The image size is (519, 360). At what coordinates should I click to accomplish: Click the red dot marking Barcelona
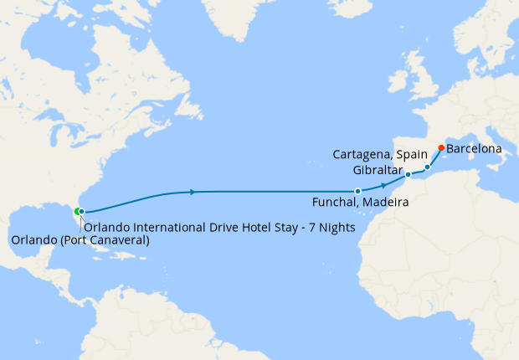coord(441,148)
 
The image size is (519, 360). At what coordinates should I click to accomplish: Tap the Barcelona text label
coord(475,149)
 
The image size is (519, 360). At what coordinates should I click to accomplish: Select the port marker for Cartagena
coord(427,167)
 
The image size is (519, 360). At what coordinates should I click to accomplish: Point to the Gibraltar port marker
coord(408,175)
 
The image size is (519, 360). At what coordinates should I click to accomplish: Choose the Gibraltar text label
coord(378,170)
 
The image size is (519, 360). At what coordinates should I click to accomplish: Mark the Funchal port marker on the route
coord(357,192)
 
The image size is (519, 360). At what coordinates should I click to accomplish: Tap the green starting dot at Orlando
coord(77,211)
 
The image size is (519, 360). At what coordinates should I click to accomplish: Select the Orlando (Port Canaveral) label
coord(80,240)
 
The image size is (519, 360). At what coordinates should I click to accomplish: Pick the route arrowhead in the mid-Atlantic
coord(193,192)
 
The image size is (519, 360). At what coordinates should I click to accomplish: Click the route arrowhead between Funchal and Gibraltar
coord(383,185)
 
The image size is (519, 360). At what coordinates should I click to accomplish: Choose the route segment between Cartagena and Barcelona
coord(434,157)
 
